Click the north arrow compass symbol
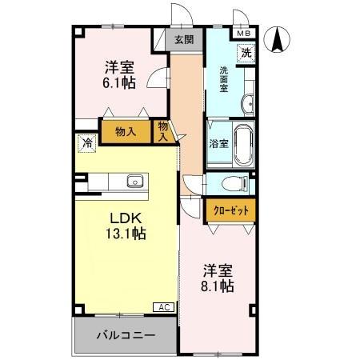click(x=278, y=40)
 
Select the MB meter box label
click(x=242, y=34)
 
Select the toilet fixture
click(x=234, y=183)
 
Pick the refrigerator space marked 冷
click(x=85, y=143)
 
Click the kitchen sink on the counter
click(x=135, y=181)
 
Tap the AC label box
click(x=162, y=307)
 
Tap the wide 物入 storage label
click(x=125, y=131)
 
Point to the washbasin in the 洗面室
click(x=247, y=102)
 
